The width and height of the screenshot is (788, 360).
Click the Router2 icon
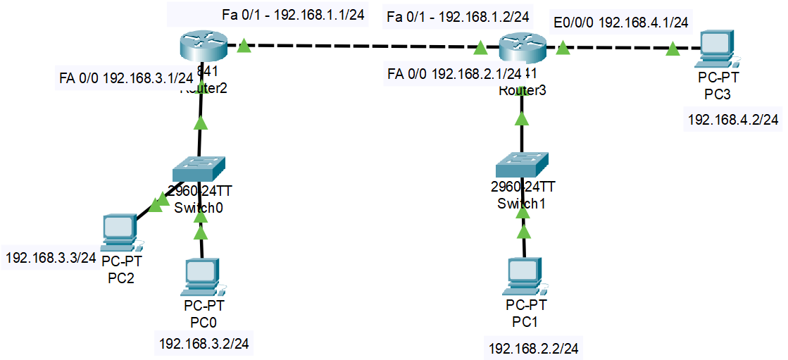tap(201, 46)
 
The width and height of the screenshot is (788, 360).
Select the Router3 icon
tap(523, 48)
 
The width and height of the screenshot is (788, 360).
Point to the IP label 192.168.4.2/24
tap(733, 120)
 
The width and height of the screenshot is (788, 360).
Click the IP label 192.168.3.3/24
tap(51, 258)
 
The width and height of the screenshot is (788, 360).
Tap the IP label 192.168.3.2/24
tap(205, 344)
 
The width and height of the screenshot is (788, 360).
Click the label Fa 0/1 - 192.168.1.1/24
tap(297, 15)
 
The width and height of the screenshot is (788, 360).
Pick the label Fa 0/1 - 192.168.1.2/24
tap(458, 15)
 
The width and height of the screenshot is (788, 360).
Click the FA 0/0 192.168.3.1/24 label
tap(126, 77)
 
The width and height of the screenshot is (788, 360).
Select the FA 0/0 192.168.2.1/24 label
tap(454, 73)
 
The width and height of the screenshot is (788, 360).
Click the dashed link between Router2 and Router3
tap(363, 47)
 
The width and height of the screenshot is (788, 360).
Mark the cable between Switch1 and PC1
tap(523, 243)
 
